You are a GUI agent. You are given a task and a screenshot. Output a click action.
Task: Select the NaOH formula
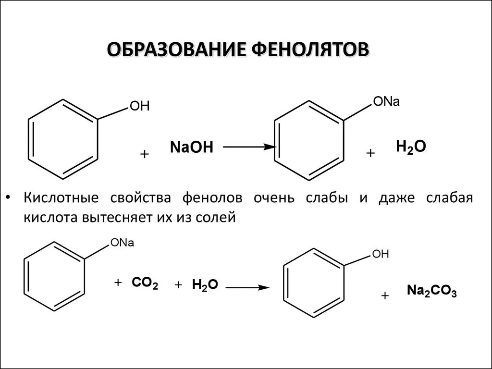pos(191,147)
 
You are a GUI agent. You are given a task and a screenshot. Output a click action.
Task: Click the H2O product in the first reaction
pos(411,147)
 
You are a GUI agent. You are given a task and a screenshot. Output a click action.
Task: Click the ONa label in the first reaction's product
pos(386,102)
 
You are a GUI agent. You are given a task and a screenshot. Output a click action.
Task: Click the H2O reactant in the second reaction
pos(205,285)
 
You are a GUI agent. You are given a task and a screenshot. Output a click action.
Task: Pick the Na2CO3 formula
pos(432,291)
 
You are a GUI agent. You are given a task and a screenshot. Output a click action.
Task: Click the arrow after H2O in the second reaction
pos(246,287)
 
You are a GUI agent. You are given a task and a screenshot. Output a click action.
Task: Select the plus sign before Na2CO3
pos(384,296)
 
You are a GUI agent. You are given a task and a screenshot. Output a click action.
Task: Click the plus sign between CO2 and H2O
pos(179,285)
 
